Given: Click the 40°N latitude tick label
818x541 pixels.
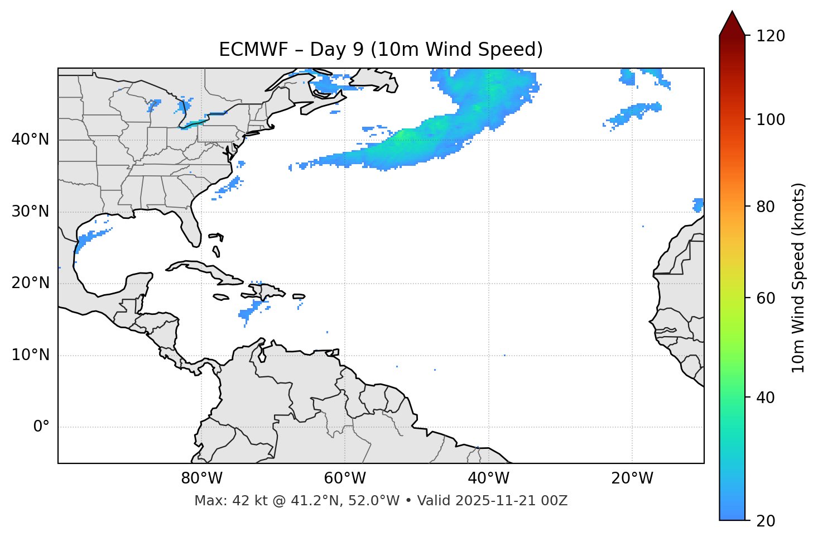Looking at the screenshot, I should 30,140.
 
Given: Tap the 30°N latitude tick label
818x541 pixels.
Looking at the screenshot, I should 30,212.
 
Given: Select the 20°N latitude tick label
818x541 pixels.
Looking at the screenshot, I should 30,283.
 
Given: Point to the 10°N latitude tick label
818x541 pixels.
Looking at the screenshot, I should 30,355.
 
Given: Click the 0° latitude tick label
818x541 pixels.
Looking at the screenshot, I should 41,427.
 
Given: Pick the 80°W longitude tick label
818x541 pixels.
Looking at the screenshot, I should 201,478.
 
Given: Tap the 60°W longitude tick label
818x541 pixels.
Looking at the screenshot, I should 345,478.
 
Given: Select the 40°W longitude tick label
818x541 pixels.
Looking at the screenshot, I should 488,478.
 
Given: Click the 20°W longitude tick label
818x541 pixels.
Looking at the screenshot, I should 632,478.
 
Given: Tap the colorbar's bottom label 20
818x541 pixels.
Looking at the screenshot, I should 766,521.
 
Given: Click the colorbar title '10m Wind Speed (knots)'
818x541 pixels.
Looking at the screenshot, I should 798,278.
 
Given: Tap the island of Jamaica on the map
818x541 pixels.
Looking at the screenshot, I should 221,297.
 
